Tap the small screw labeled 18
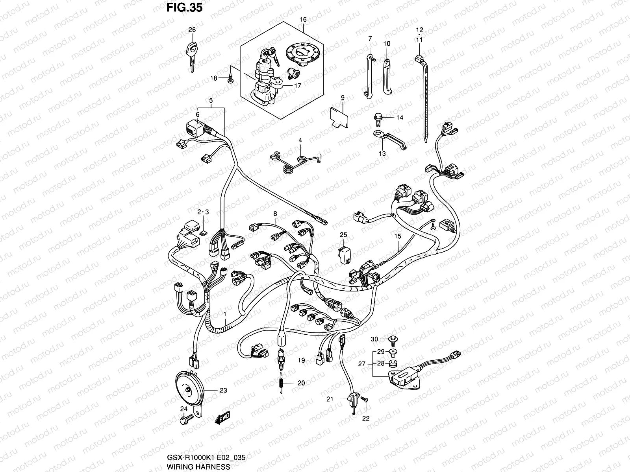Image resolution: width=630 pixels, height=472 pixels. (x=231, y=78)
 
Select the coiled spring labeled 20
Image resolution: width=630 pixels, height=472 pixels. (x=281, y=383)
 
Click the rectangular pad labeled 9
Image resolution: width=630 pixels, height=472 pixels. (x=339, y=117)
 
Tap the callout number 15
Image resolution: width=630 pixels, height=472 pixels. (x=397, y=236)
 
